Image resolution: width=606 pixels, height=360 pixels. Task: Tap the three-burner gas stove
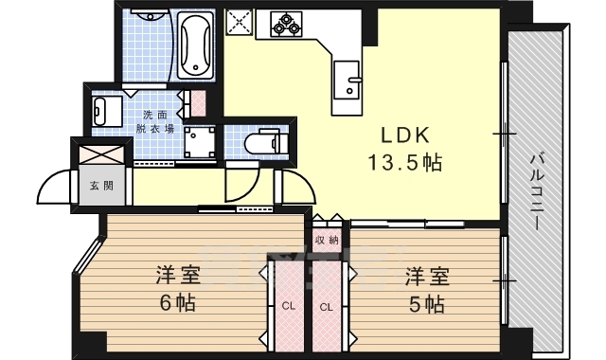(x=287, y=24)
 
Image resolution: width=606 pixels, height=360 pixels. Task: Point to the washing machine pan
(x=201, y=141)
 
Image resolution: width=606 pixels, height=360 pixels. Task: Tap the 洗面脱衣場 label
(x=156, y=120)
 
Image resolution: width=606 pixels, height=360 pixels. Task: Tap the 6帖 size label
(x=178, y=304)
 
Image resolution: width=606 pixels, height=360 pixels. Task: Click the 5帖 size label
(x=427, y=304)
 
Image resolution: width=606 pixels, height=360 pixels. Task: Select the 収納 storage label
(x=326, y=240)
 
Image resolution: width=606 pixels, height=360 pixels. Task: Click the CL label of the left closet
(x=286, y=306)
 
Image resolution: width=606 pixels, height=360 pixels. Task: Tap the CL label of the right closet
(x=326, y=306)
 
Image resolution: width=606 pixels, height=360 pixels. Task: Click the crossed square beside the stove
(x=238, y=23)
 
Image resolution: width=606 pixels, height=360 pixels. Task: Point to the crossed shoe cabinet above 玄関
(x=100, y=153)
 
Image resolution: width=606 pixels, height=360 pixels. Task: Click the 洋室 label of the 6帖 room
(x=178, y=277)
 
